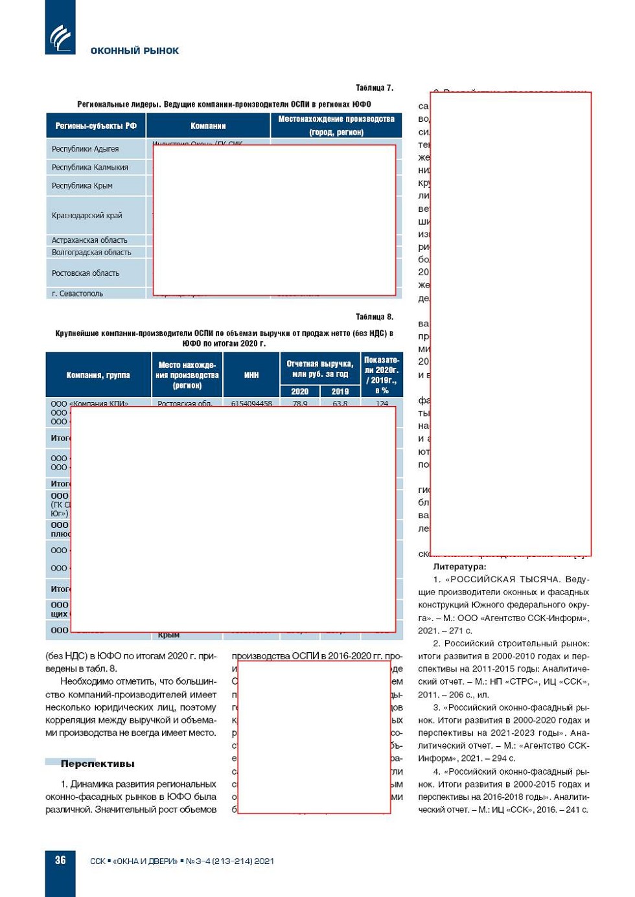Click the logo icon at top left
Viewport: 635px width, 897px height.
60,37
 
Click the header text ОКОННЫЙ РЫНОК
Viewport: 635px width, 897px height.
134,51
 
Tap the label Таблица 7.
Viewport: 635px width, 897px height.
374,88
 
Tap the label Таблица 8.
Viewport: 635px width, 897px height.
374,317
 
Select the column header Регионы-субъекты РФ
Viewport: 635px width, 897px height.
96,126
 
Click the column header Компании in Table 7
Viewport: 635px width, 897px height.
208,126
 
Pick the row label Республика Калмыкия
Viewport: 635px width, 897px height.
90,167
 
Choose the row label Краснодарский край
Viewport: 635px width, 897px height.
87,216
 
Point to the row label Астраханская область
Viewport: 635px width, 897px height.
89,240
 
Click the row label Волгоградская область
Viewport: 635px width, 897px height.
91,253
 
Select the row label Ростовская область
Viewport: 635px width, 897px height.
86,273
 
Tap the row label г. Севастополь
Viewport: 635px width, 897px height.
77,293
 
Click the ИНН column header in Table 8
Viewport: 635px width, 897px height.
251,375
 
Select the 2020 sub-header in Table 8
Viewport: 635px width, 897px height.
299,391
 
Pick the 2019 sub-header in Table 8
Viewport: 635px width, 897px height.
340,391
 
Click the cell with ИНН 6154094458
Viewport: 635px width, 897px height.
251,403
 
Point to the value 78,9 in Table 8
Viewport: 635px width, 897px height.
300,403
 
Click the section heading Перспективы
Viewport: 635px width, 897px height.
97,764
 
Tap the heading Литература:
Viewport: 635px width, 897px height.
459,567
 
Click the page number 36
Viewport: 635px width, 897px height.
60,860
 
